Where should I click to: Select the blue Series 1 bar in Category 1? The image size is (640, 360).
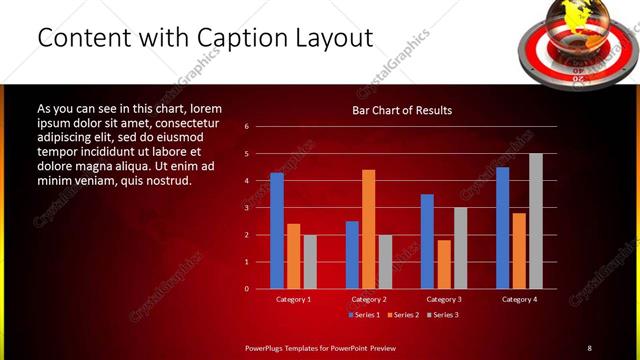pos(277,231)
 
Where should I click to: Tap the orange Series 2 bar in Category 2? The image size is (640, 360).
pos(369,229)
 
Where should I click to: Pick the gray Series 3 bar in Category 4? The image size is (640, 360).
pos(536,221)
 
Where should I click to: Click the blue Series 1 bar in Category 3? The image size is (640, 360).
pos(427,241)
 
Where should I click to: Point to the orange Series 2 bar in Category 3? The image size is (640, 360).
pos(444,264)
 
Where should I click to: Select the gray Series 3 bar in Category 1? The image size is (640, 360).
pos(310,262)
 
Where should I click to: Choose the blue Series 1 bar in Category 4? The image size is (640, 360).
pos(502,228)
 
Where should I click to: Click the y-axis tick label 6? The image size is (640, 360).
pos(246,127)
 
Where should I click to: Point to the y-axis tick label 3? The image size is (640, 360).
pos(246,208)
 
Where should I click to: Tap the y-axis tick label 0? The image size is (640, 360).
pos(246,289)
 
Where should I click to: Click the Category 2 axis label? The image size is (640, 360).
pos(369,300)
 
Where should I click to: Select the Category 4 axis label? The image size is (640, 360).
pos(519,300)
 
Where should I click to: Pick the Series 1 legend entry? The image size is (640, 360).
pos(363,315)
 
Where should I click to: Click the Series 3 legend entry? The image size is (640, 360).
pos(443,315)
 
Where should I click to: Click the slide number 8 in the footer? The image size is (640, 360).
pos(589,348)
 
